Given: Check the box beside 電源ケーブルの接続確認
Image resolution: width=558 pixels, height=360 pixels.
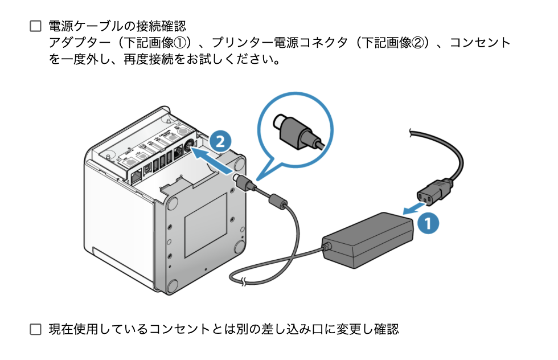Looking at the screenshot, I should [x=36, y=26].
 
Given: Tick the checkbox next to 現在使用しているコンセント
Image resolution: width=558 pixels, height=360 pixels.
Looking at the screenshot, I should [x=36, y=329].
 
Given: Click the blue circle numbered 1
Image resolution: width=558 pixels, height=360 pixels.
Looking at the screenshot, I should [x=428, y=222].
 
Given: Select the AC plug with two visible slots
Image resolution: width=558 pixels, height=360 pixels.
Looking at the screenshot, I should [x=435, y=191].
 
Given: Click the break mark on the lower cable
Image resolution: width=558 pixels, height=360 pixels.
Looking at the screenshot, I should [x=244, y=280].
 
